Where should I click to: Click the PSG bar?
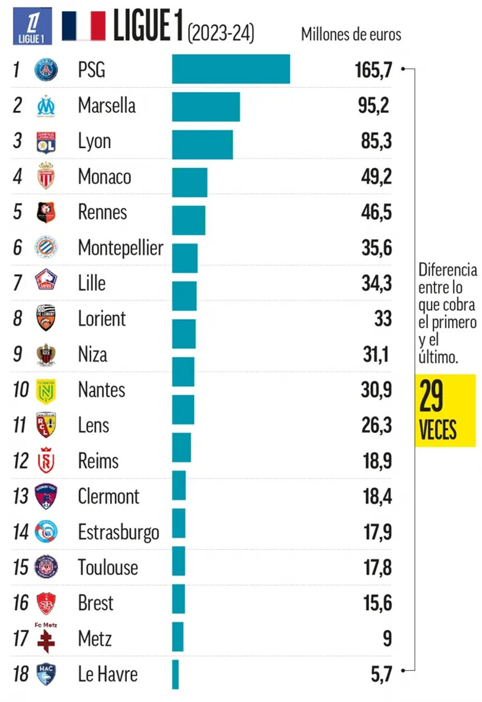click(x=231, y=69)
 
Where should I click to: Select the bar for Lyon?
click(x=202, y=144)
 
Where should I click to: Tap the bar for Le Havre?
click(x=175, y=675)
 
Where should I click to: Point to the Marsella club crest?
click(x=46, y=106)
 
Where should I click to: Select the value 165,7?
click(x=373, y=70)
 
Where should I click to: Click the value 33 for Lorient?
click(x=383, y=319)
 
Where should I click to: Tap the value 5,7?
click(x=377, y=674)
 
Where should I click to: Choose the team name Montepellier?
click(x=120, y=248)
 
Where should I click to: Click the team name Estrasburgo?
click(x=119, y=532)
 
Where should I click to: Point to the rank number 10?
click(x=20, y=390)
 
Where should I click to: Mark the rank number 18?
click(x=20, y=674)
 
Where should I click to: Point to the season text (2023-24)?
click(x=221, y=33)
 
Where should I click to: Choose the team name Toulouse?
click(x=108, y=567)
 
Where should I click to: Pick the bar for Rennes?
click(x=188, y=220)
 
